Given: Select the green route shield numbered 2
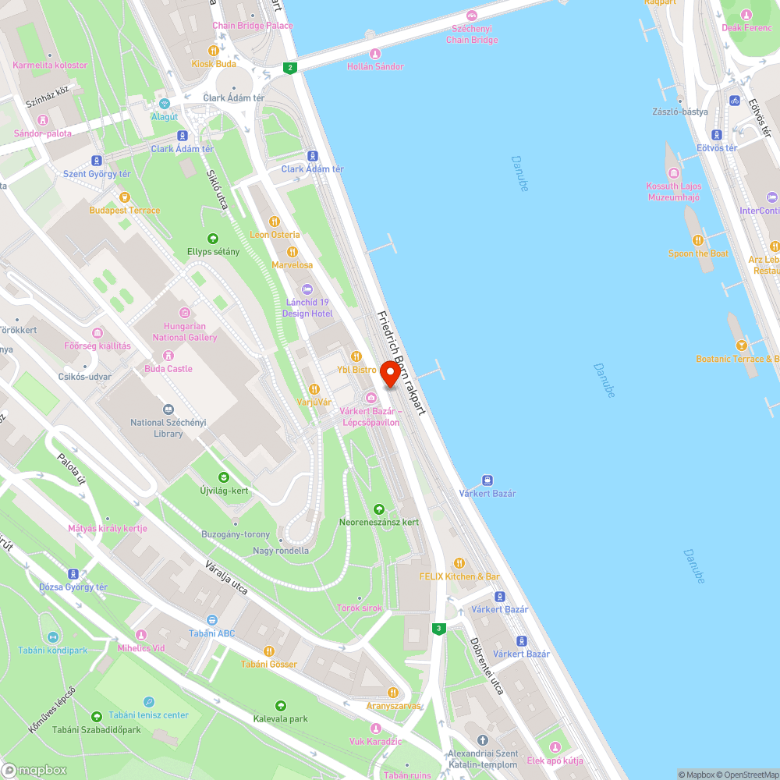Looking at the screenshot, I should click(x=290, y=68).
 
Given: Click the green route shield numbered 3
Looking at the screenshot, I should click(x=439, y=628).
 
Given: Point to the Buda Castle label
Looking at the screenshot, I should click(x=168, y=368).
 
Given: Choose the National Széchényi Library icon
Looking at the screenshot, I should click(x=168, y=409).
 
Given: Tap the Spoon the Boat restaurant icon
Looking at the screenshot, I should click(x=698, y=239).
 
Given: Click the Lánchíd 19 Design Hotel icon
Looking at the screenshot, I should click(x=307, y=289).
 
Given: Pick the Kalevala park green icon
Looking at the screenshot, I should click(x=281, y=705).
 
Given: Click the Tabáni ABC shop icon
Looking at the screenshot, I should click(x=211, y=619).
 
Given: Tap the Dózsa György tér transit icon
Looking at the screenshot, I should click(x=74, y=573).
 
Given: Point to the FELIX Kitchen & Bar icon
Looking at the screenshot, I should click(x=459, y=563).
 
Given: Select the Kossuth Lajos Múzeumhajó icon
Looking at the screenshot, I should click(x=673, y=173).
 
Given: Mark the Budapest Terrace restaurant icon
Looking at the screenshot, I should click(x=124, y=197).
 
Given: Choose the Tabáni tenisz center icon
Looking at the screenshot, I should click(x=148, y=701).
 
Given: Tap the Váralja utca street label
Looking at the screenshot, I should click(x=228, y=577).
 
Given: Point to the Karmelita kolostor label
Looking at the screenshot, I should click(x=50, y=65).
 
